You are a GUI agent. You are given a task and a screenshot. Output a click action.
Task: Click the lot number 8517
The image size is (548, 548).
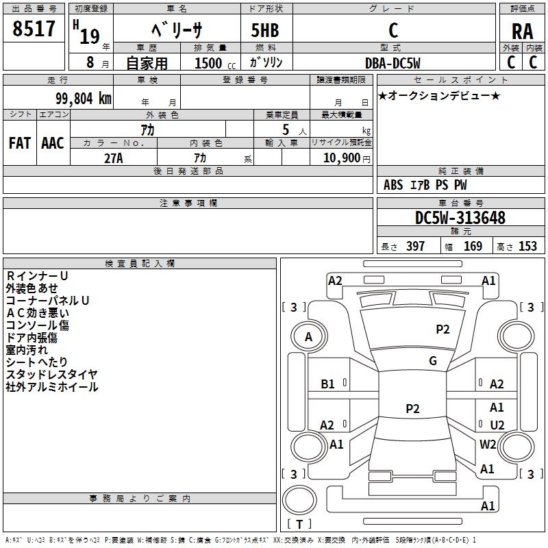[x=34, y=29]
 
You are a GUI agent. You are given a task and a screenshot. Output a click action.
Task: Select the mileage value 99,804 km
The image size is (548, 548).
[x=84, y=99]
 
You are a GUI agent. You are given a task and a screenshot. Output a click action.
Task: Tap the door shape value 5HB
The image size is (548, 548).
[x=265, y=30]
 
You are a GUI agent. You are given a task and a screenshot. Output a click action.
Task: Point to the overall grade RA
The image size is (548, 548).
[x=523, y=32]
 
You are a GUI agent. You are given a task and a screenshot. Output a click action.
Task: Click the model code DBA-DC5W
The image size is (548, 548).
[x=393, y=63]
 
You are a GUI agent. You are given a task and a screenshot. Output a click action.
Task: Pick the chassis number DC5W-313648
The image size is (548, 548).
[x=460, y=218]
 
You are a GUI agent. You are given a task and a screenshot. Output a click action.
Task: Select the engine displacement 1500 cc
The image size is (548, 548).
[x=215, y=63]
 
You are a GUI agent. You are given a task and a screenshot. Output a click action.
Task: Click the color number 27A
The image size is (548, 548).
[x=114, y=158]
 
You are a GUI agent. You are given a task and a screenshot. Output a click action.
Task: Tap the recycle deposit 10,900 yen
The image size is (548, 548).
[x=347, y=158]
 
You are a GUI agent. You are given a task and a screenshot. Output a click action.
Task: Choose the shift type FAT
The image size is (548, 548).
[x=20, y=143]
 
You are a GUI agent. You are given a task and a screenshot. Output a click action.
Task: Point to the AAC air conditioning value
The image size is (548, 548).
[x=53, y=143]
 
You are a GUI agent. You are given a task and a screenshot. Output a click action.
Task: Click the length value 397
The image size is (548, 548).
[x=416, y=247]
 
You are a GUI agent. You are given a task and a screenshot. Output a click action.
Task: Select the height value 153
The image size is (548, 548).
[x=527, y=247]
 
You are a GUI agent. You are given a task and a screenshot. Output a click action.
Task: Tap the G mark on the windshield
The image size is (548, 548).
[x=433, y=361]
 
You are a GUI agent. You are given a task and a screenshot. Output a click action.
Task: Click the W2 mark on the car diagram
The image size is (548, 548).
[x=488, y=444]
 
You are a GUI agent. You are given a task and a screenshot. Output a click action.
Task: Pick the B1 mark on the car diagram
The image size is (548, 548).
[x=328, y=384]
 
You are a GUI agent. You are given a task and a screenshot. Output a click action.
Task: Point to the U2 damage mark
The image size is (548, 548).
[x=497, y=425]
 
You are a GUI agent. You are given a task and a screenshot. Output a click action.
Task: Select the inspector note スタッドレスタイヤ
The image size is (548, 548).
[x=52, y=374]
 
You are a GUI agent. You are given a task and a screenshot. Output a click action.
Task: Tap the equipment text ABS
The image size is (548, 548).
[x=393, y=185]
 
